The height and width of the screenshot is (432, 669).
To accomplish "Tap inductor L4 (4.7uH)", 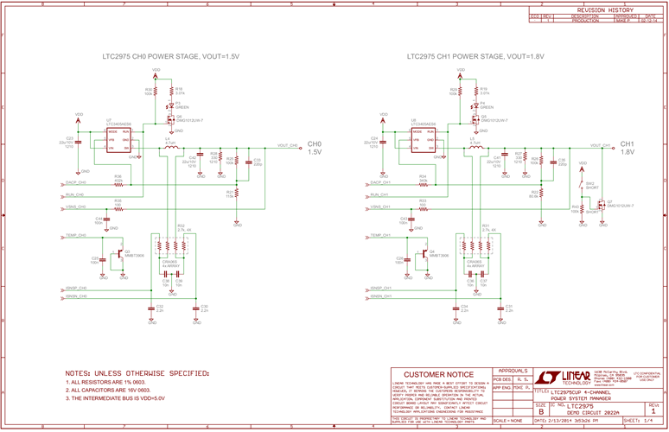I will click(x=169, y=148).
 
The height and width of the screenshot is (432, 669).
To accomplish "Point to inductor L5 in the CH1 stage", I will click(x=474, y=148).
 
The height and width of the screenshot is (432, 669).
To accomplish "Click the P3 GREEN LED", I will click(x=170, y=105).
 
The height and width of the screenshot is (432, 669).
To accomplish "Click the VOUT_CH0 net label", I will click(x=288, y=145).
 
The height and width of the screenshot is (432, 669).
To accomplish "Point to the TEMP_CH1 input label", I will click(x=381, y=235).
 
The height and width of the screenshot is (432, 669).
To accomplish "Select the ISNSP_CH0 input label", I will click(x=76, y=287).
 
